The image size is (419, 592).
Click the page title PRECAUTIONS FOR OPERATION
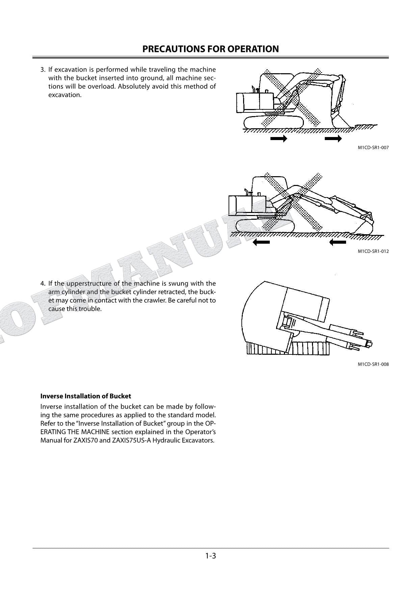210,49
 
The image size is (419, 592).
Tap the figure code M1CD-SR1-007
373,147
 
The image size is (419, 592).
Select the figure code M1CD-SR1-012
373,251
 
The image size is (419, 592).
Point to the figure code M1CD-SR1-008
373,364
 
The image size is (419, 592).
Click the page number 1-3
210,556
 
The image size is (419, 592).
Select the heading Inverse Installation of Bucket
85,396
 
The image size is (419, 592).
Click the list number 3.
43,70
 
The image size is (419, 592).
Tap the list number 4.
43,284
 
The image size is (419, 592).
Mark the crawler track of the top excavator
273,122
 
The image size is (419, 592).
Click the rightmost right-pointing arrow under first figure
333,139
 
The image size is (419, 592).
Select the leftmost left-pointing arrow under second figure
261,242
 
